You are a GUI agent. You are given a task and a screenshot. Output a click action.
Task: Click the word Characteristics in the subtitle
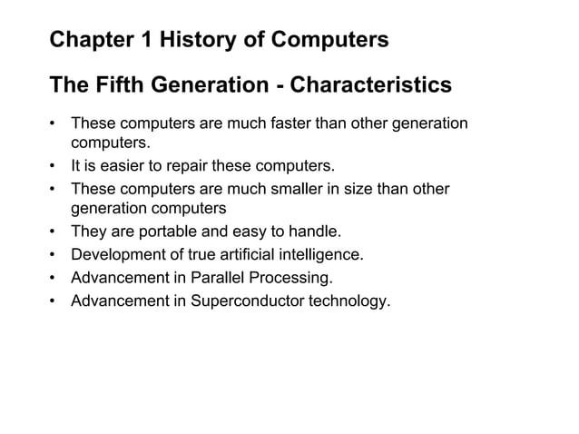click(370, 85)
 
